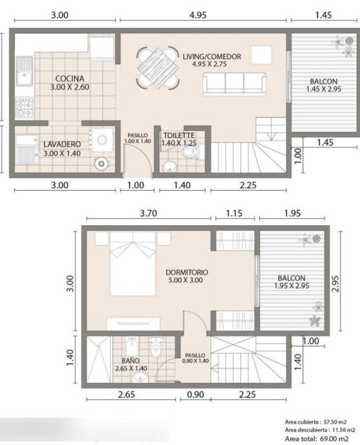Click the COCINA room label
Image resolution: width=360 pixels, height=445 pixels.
(70, 78)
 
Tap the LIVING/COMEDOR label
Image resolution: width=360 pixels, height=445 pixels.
(212, 56)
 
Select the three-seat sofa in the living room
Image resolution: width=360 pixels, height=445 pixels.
(234, 84)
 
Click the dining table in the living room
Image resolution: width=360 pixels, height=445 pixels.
(158, 68)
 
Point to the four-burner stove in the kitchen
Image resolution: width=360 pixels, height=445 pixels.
(25, 108)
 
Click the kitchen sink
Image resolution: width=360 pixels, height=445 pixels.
(24, 71)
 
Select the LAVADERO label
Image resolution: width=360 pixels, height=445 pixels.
(62, 144)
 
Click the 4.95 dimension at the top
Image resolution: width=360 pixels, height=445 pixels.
(198, 15)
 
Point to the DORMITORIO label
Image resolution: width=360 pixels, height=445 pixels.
(187, 272)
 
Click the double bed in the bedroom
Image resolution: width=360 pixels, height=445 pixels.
(133, 264)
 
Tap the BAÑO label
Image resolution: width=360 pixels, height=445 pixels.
(131, 361)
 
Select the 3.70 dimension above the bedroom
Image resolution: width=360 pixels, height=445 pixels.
(149, 213)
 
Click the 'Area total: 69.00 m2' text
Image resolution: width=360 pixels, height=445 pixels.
(317, 438)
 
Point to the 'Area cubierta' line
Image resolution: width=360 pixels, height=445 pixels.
(315, 422)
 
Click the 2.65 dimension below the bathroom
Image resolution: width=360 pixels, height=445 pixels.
(127, 395)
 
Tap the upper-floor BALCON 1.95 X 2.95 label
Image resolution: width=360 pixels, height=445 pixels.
(292, 282)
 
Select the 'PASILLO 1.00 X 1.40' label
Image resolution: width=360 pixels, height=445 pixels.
(137, 138)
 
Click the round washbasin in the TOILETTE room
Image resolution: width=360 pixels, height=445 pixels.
(170, 167)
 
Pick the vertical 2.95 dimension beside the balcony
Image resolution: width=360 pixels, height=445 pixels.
(335, 284)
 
